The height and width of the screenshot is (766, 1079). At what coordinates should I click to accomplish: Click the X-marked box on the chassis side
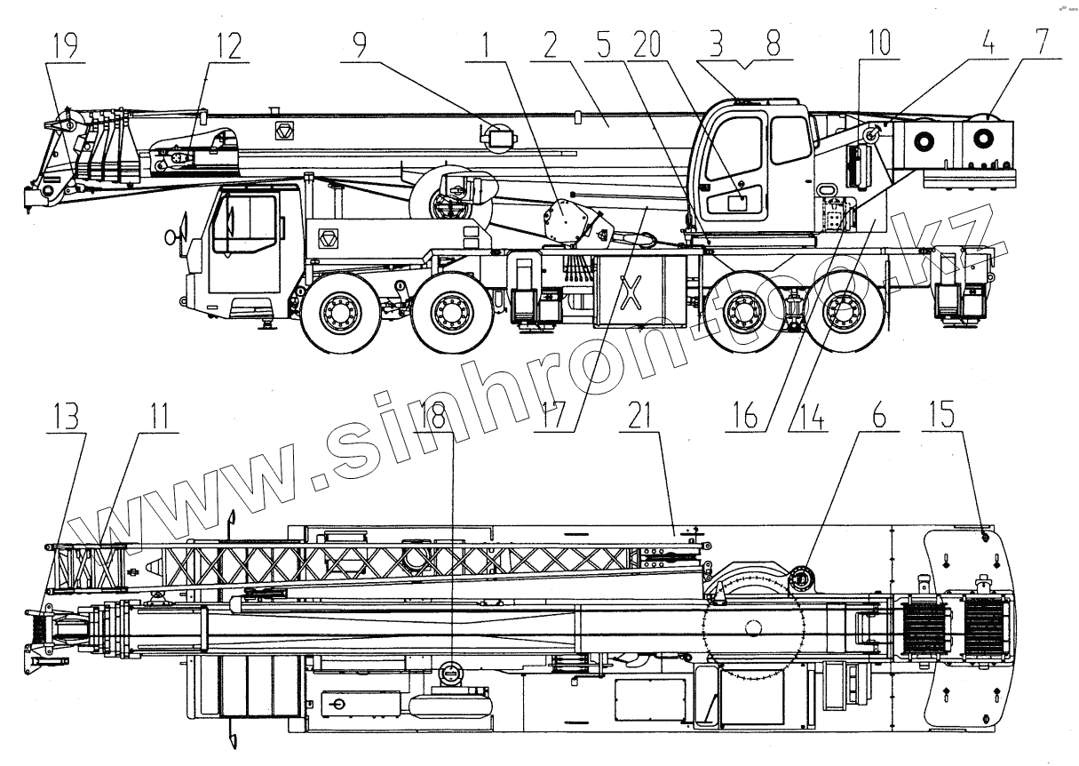pyautogui.click(x=631, y=292)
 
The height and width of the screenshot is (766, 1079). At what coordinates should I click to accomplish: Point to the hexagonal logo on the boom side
pyautogui.click(x=286, y=131)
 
